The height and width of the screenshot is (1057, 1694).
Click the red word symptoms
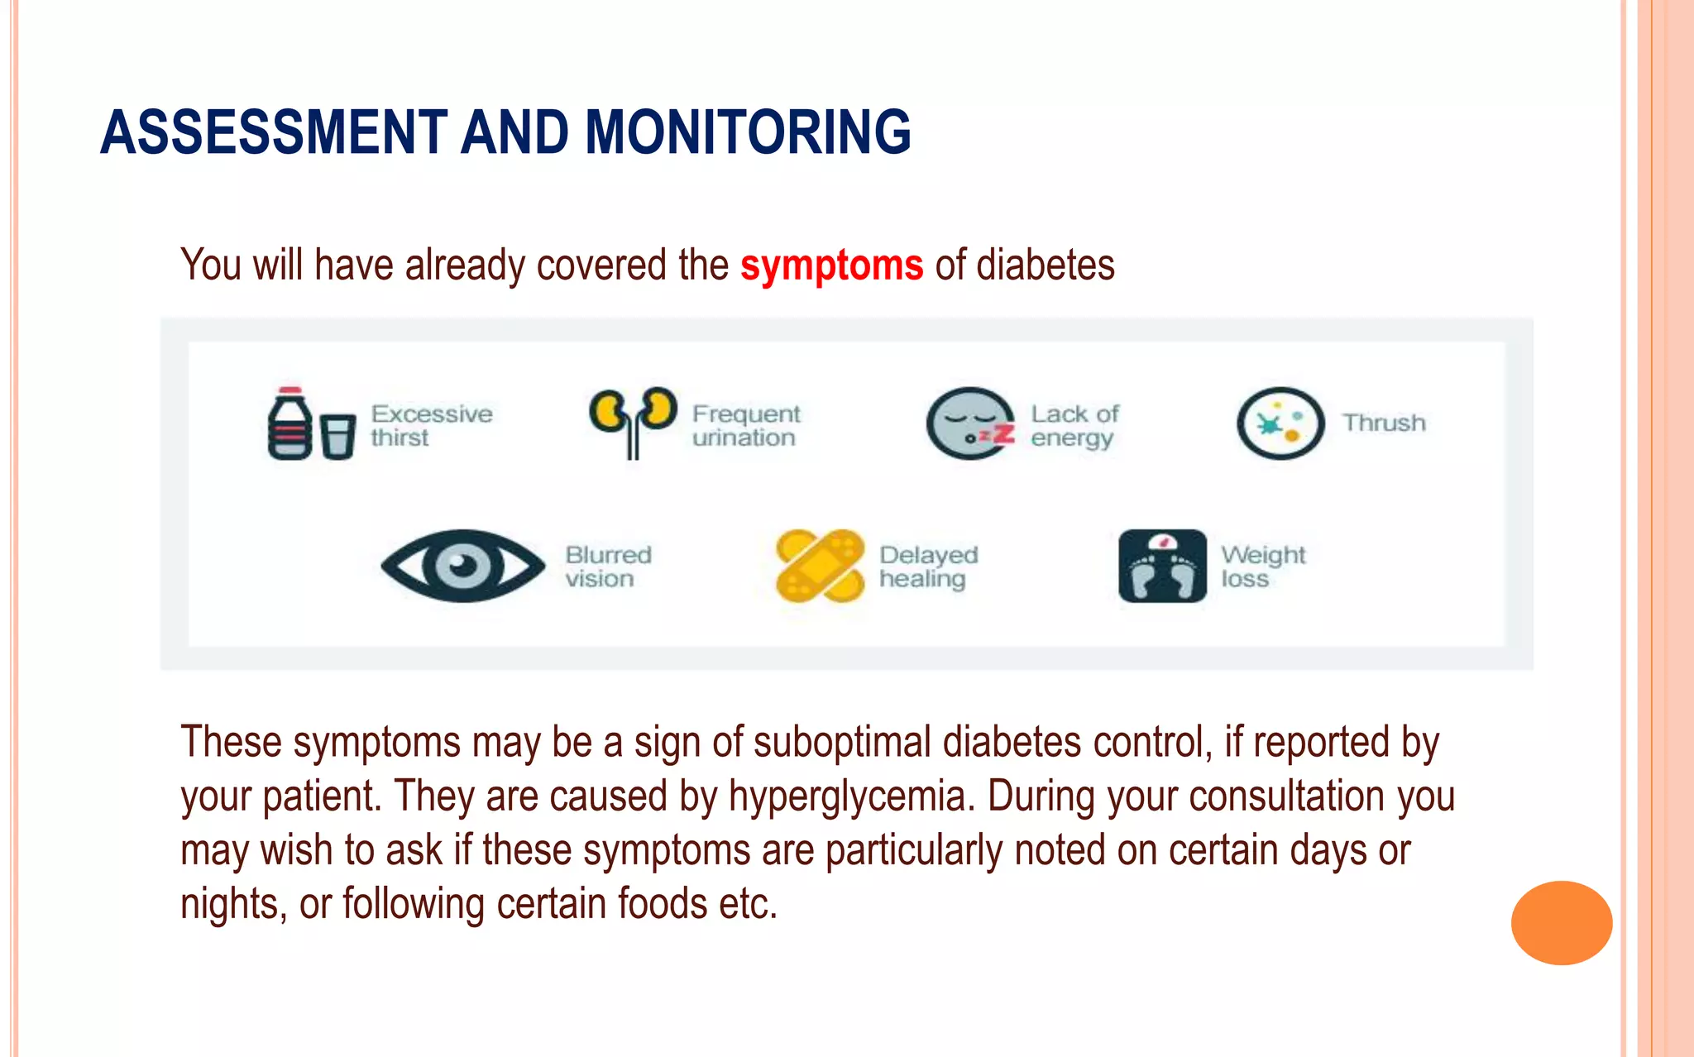831,266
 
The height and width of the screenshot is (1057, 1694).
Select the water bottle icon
289,423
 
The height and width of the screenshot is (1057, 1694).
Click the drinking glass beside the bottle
337,436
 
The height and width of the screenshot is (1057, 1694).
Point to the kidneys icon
633,421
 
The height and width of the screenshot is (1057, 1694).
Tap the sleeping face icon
969,423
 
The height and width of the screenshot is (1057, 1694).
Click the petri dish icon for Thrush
1280,423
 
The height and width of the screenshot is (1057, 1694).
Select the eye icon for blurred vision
462,566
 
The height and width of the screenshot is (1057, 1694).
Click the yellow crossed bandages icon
819,566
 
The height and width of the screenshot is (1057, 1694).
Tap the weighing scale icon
1162,566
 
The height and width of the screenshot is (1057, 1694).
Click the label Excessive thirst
431,425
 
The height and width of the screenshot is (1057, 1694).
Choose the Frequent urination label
746,425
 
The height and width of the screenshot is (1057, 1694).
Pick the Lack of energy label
1074,425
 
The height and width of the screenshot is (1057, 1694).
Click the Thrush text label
1384,423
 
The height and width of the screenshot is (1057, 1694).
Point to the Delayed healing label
928,567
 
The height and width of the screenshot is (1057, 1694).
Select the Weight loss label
1262,567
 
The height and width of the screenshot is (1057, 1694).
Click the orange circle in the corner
1561,922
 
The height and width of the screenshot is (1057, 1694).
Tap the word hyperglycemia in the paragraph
847,796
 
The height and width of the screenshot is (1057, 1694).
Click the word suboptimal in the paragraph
842,742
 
